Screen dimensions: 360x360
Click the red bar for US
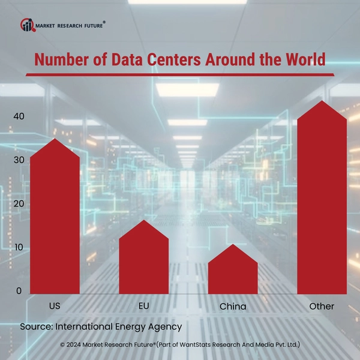coord(55,222)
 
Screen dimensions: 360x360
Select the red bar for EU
coord(143,261)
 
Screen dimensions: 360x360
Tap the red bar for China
coord(233,273)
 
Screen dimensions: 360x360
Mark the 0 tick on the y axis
coord(19,291)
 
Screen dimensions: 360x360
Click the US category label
coord(55,306)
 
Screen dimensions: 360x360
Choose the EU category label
coord(143,306)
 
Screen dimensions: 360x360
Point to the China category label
coord(233,307)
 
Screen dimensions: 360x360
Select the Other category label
coord(322,306)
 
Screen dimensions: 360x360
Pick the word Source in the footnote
coord(36,327)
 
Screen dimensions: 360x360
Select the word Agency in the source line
coord(163,328)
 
